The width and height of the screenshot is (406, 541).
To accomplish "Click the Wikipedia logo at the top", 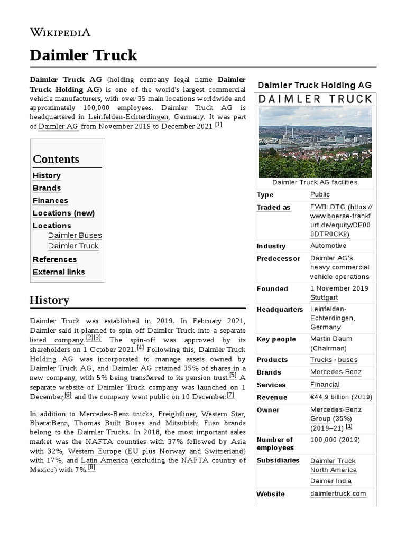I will pyautogui.click(x=60, y=32).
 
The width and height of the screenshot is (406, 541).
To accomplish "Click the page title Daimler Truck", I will pyautogui.click(x=83, y=55).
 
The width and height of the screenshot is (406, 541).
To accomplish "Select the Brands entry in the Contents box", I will pyautogui.click(x=47, y=188).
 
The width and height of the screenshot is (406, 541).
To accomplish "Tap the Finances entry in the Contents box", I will pyautogui.click(x=50, y=201).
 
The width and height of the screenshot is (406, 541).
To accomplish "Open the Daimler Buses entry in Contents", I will pyautogui.click(x=75, y=236).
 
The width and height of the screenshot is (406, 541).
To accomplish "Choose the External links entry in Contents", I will pyautogui.click(x=59, y=272).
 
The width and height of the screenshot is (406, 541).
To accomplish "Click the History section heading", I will pyautogui.click(x=49, y=300).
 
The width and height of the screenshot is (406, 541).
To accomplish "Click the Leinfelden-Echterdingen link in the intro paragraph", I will pyautogui.click(x=128, y=117).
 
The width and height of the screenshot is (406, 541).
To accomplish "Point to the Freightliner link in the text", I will pyautogui.click(x=177, y=414).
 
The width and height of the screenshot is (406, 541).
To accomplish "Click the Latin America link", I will pyautogui.click(x=104, y=461).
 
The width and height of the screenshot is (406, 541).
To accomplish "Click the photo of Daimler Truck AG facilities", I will pyautogui.click(x=315, y=142).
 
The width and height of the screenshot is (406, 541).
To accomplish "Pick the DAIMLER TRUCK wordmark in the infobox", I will pyautogui.click(x=315, y=99).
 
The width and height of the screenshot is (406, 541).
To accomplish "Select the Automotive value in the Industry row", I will pyautogui.click(x=328, y=246).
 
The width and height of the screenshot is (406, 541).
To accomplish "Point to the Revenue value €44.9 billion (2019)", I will pyautogui.click(x=341, y=397).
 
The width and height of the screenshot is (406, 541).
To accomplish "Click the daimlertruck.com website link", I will pyautogui.click(x=338, y=494).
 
